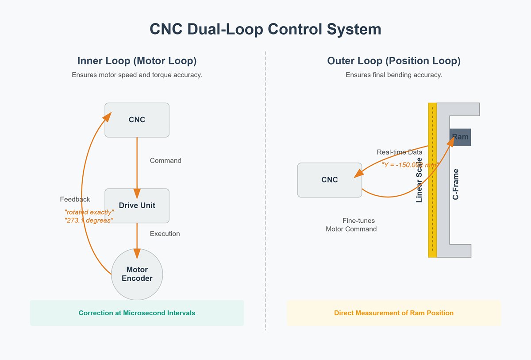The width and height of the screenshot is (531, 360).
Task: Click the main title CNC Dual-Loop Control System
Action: coord(265,29)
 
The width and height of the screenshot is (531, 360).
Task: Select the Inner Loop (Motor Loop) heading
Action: coord(137,61)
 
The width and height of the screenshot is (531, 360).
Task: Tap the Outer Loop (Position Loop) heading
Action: coord(394,61)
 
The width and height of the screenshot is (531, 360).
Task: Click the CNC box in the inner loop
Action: coord(137,120)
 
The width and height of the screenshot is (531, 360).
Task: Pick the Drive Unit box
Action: coord(137,205)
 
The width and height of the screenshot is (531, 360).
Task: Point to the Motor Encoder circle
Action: coord(137,274)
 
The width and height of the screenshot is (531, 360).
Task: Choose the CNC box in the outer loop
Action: coord(330,180)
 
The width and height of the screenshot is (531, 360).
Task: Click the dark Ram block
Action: coord(460,137)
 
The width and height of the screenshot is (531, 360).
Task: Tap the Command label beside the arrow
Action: coord(165,161)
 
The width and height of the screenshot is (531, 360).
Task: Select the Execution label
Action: coord(165,234)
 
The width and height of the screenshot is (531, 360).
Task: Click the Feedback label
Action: coord(75,199)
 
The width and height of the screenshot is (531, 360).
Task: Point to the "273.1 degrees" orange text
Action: coord(88,221)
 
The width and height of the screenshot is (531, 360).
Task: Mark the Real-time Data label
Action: coord(399,152)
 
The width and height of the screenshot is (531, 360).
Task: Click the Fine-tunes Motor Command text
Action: coord(352,225)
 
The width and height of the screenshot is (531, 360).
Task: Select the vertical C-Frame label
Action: coord(456,184)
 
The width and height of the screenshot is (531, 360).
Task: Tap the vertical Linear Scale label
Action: coord(419,180)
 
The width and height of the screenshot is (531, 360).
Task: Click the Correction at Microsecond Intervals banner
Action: coord(137,313)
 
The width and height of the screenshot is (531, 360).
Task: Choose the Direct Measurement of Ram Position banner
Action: coord(394,313)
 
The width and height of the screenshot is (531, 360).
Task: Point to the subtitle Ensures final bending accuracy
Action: coord(394,75)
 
